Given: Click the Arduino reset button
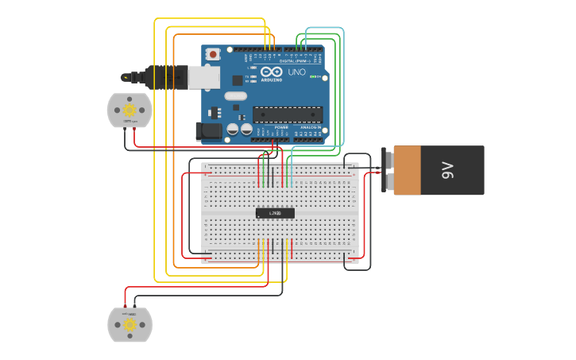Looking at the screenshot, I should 213,54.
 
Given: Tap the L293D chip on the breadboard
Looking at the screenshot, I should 275,213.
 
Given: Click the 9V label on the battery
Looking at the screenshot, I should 447,169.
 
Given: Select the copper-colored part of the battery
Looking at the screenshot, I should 407,170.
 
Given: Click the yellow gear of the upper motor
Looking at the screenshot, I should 129,110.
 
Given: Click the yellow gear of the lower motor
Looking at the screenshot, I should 129,324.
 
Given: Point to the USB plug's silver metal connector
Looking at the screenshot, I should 203,77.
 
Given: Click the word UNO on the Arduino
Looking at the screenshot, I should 296,72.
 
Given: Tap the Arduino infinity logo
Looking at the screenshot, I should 272,72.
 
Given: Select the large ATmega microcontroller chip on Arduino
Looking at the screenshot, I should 288,115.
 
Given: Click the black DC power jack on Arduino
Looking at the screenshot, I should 210,130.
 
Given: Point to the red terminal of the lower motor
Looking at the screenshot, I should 125,306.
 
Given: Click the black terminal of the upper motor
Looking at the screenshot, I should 125,129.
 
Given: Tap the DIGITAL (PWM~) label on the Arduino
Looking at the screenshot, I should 293,61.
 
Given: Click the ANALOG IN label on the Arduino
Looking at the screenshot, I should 309,127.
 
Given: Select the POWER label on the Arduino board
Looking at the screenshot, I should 281,127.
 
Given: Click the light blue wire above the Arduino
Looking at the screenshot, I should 325,29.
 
